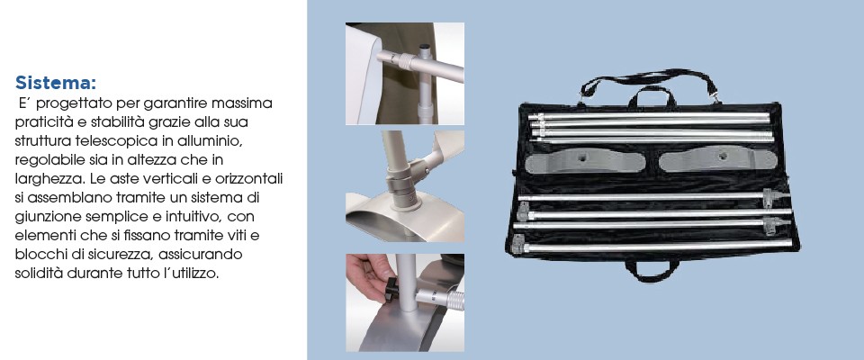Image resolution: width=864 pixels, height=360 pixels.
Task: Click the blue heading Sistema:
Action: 56,83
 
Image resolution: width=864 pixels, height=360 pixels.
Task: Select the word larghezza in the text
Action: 44,180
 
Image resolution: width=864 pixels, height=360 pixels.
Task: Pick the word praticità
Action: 43,121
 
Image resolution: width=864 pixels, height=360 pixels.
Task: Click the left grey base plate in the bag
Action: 585,161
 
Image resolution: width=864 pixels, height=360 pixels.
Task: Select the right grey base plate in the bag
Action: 717,160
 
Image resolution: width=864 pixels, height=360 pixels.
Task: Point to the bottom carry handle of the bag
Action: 652,271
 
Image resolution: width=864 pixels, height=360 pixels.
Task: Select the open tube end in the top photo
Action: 425,49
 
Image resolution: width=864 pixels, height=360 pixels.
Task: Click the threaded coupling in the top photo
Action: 405,60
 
